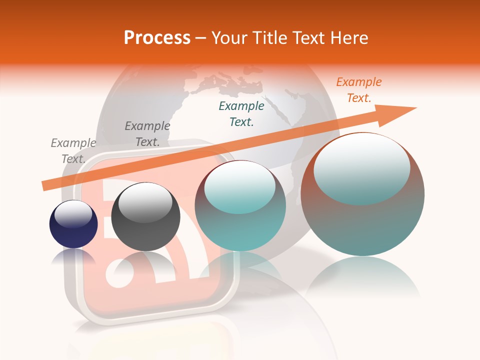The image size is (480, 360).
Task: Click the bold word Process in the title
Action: (157, 38)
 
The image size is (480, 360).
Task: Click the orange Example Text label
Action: (358, 90)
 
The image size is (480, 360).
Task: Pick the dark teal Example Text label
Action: (241, 114)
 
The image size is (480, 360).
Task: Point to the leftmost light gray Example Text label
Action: (73, 151)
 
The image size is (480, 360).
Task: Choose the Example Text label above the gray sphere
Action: (147, 134)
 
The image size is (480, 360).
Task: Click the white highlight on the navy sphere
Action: (73, 214)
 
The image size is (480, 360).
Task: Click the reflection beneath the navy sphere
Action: (73, 257)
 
